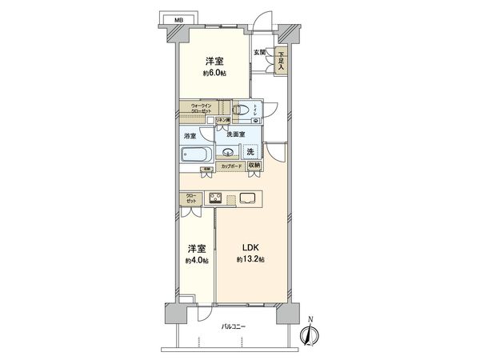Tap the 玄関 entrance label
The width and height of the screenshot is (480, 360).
[x=260, y=52]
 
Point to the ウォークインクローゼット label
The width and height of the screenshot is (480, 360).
[x=194, y=108]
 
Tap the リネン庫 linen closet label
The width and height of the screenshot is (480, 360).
[x=221, y=121]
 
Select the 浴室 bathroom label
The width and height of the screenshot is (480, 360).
[x=190, y=137]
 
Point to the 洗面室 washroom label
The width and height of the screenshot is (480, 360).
[x=234, y=134]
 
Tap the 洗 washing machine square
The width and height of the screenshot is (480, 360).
[x=251, y=151]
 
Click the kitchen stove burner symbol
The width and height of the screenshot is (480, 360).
[x=215, y=198]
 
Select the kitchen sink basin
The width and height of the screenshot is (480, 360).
[x=246, y=198]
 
